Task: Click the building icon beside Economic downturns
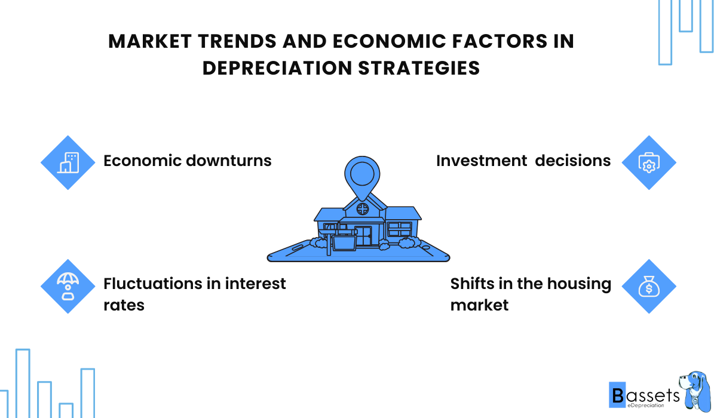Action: click(68, 162)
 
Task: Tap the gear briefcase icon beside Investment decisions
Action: click(648, 162)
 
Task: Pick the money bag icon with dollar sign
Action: click(648, 287)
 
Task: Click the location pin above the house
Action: click(362, 176)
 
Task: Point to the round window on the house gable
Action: click(362, 208)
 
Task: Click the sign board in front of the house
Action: click(344, 242)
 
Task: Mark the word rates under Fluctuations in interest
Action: click(124, 305)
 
